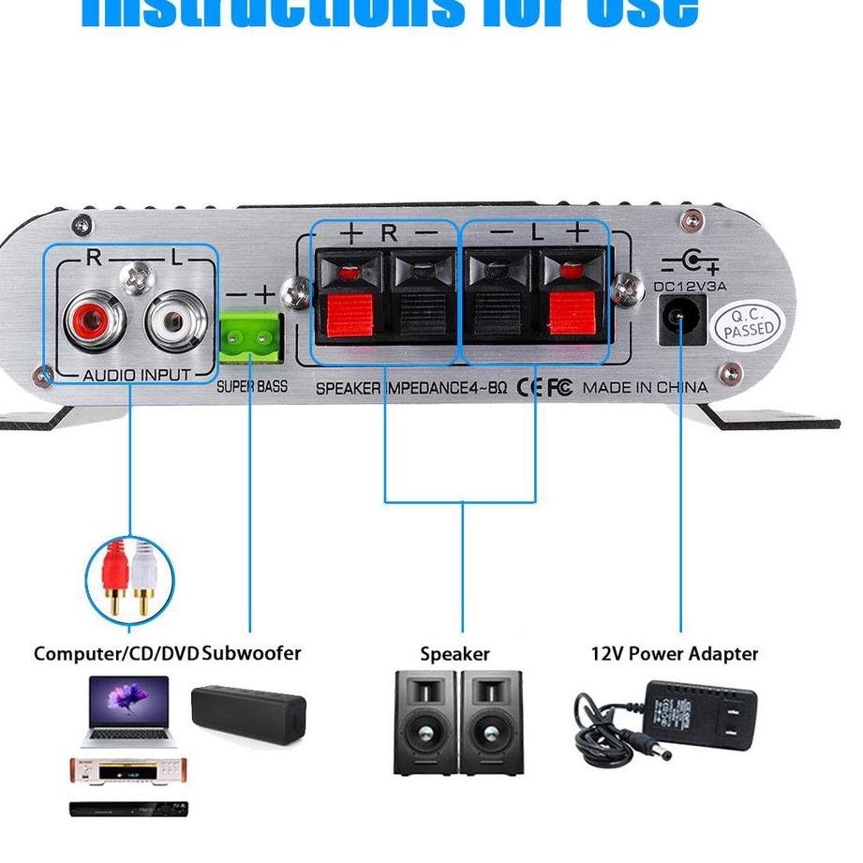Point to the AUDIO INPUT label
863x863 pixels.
137,375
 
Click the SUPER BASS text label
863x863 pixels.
252,386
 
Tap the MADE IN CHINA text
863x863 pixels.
645,387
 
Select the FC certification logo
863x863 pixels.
559,387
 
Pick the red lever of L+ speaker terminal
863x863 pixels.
573,314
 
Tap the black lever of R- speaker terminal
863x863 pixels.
419,314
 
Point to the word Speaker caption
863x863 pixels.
454,654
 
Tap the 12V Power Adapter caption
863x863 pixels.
674,653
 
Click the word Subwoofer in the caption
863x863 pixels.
252,653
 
